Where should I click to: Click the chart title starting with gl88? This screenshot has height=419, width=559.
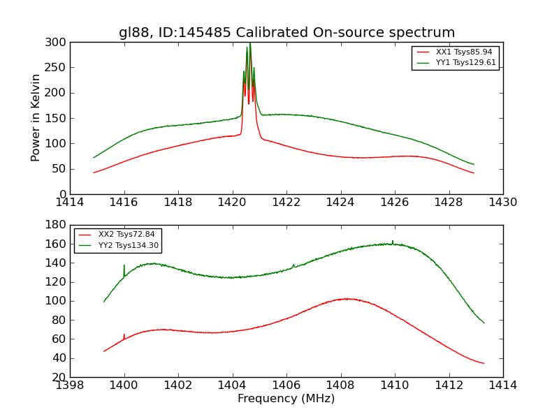click(x=286, y=33)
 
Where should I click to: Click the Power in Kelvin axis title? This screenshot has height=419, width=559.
click(x=36, y=118)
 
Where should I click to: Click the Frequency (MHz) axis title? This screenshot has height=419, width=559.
click(x=286, y=399)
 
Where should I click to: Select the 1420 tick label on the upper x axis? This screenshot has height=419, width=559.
click(x=233, y=203)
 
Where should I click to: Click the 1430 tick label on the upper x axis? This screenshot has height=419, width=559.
click(x=502, y=203)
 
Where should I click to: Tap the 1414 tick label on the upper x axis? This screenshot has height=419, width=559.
click(x=71, y=203)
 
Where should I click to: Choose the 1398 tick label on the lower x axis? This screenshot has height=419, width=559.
click(x=71, y=385)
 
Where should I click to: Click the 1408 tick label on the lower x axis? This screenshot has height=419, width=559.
click(x=340, y=385)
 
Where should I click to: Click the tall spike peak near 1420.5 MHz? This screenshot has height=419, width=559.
click(x=249, y=45)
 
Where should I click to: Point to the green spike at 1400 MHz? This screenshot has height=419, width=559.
click(x=124, y=266)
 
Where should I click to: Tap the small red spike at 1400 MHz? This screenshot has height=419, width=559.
click(x=124, y=335)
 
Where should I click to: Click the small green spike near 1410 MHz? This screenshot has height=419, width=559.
click(x=393, y=241)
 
